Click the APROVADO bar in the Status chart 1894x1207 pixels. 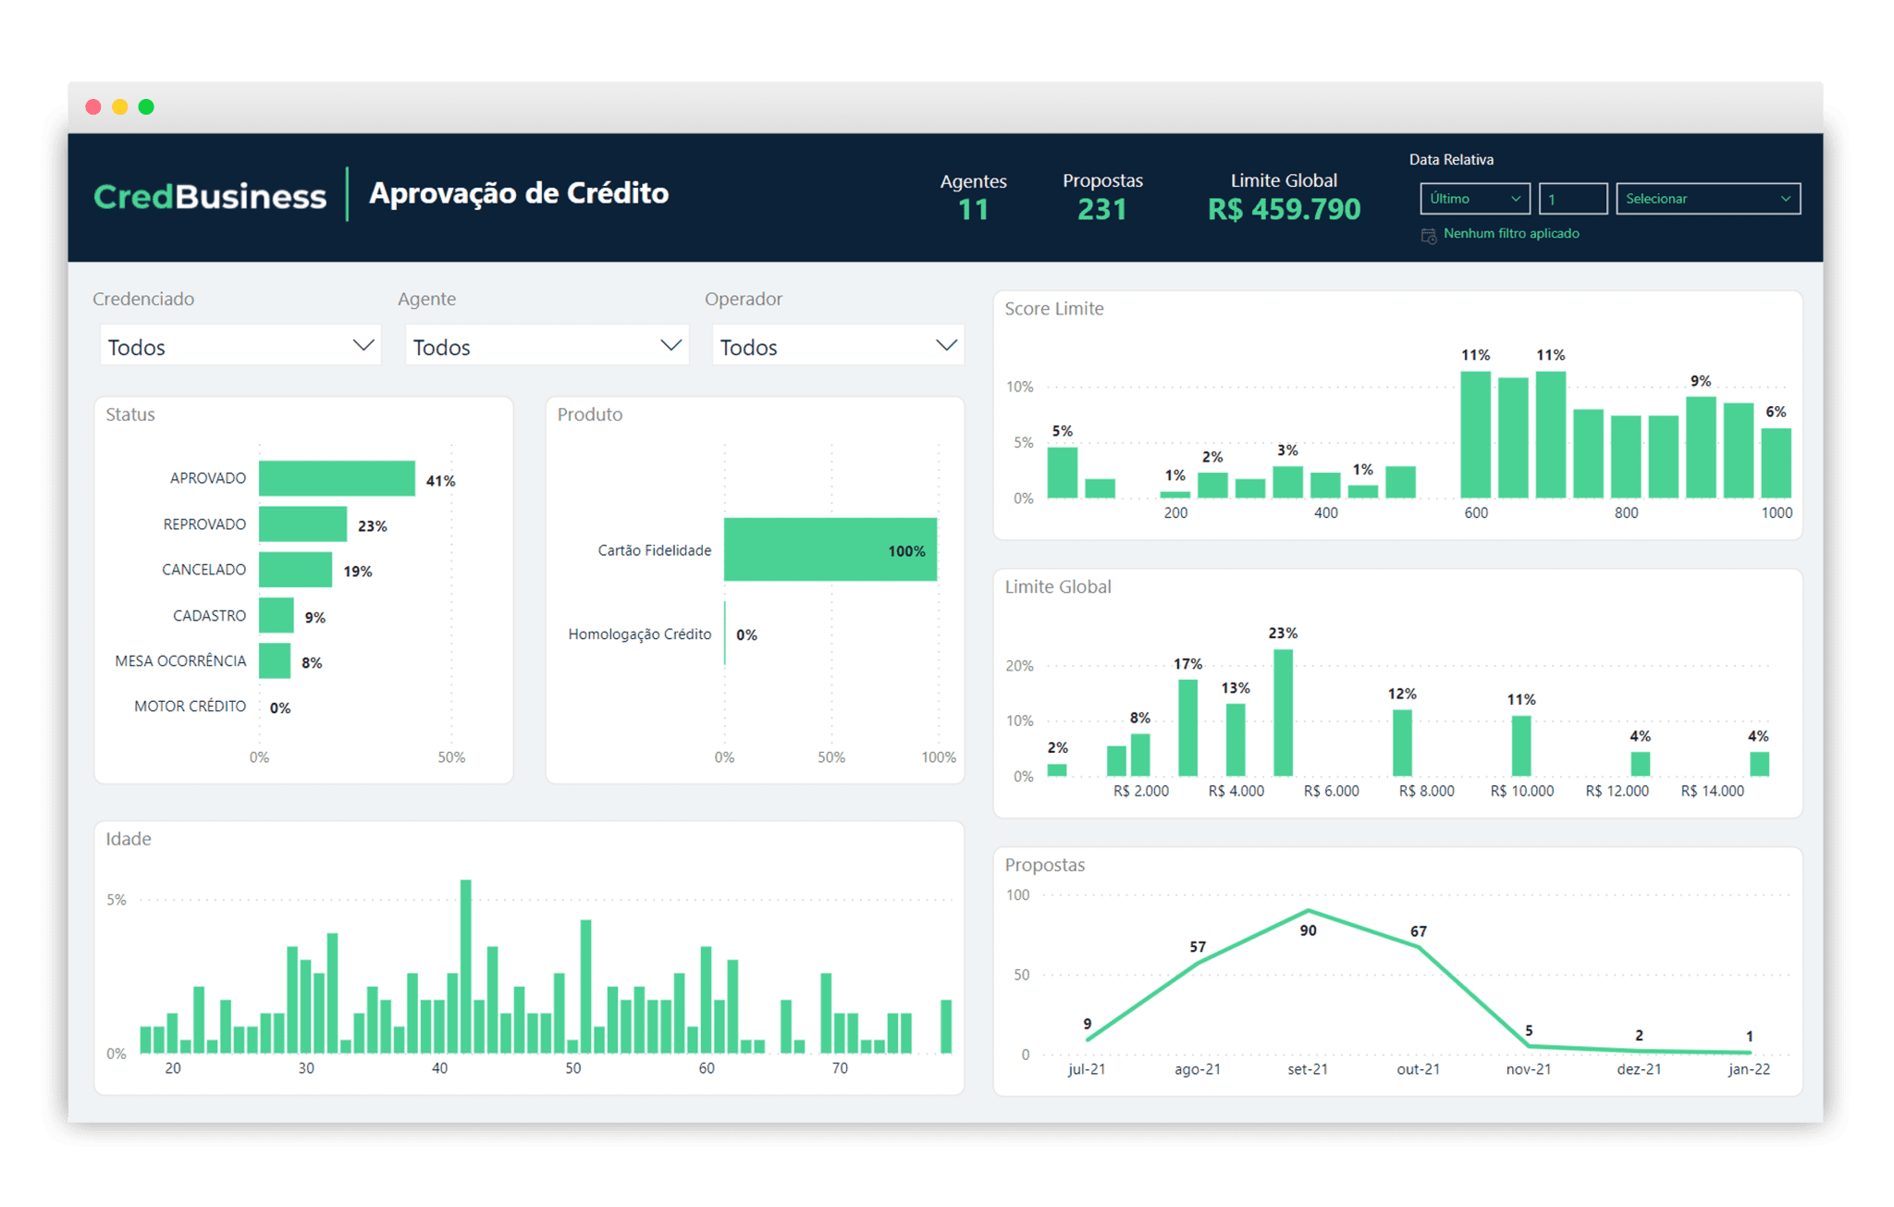pyautogui.click(x=336, y=478)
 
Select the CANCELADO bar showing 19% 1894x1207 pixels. pyautogui.click(x=295, y=570)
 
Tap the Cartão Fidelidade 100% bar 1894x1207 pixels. pyautogui.click(x=830, y=549)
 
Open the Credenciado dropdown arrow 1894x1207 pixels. pyautogui.click(x=363, y=345)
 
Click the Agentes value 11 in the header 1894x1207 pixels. pyautogui.click(x=973, y=210)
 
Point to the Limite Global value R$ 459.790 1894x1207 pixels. pyautogui.click(x=1284, y=210)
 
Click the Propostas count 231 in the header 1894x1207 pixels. pyautogui.click(x=1101, y=210)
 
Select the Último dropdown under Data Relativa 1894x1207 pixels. pyautogui.click(x=1474, y=199)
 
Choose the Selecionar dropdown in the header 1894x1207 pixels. pyautogui.click(x=1707, y=199)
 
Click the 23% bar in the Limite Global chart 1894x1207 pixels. pyautogui.click(x=1283, y=712)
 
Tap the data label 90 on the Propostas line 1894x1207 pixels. pyautogui.click(x=1308, y=930)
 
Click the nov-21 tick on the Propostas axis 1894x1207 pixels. pyautogui.click(x=1528, y=1069)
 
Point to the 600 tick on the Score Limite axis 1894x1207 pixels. pyautogui.click(x=1476, y=512)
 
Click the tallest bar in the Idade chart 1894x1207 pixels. pyautogui.click(x=465, y=966)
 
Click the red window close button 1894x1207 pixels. pyautogui.click(x=93, y=107)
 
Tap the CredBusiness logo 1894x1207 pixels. pyautogui.click(x=210, y=196)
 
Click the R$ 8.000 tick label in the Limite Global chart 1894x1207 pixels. pyautogui.click(x=1426, y=791)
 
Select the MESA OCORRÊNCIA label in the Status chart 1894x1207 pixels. pyautogui.click(x=180, y=660)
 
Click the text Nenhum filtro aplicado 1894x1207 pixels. pyautogui.click(x=1510, y=234)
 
